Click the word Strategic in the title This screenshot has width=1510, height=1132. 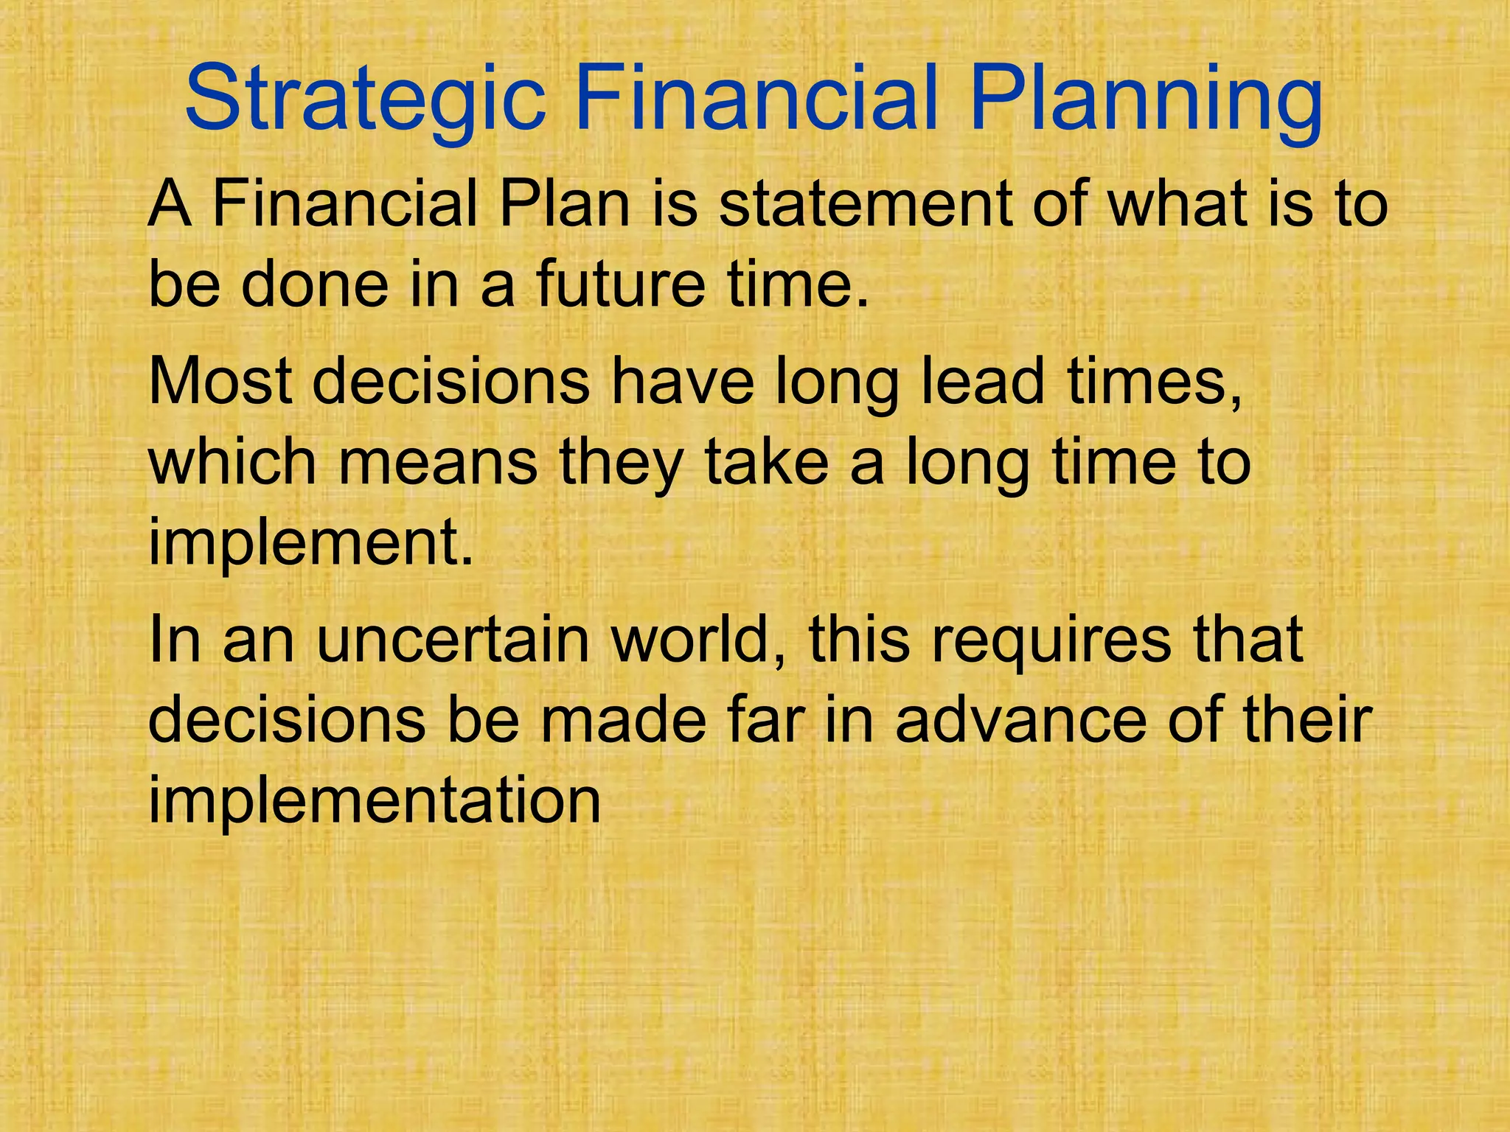(365, 99)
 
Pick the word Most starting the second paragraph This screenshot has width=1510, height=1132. (221, 382)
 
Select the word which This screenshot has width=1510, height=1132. (233, 462)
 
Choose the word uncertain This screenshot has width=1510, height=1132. (453, 640)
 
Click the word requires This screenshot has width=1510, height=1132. (1051, 640)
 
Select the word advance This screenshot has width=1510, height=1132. (1020, 720)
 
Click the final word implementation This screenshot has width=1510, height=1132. (375, 801)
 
